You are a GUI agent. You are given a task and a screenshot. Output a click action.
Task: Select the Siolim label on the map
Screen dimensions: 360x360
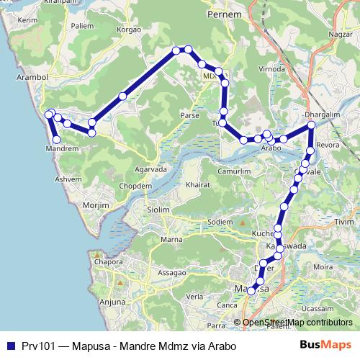coord(158,210)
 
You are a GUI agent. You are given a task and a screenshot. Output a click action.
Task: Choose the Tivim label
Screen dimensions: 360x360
coord(345,222)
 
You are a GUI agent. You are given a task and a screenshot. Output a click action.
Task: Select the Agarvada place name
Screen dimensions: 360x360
coord(150,170)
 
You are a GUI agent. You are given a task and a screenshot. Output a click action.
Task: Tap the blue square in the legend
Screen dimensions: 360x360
coord(10,346)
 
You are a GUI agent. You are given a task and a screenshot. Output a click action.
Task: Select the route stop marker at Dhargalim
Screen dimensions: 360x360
coord(311,125)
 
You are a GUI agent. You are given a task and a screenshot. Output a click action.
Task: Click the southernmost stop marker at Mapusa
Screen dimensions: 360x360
coord(251,291)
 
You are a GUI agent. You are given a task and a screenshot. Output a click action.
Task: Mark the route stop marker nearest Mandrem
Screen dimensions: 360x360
coord(56,138)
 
